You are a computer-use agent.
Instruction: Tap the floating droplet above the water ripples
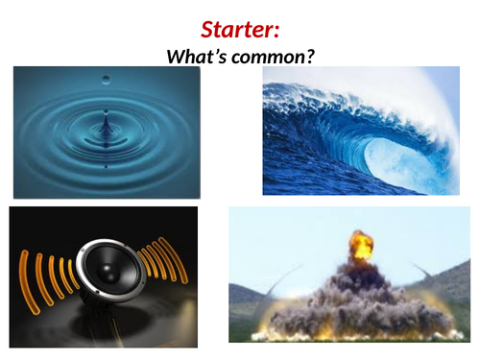pyautogui.click(x=105, y=78)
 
